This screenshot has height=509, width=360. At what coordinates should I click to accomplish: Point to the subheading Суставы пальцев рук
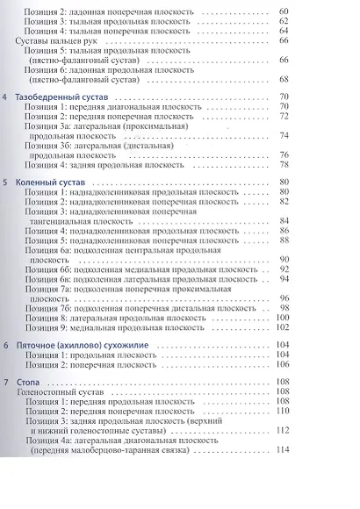coord(59,40)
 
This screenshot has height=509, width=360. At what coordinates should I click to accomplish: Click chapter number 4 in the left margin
coord(6,96)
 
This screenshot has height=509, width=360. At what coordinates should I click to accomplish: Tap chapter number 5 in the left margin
coord(6,182)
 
